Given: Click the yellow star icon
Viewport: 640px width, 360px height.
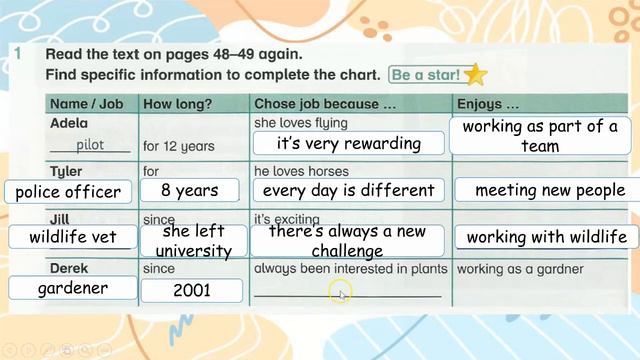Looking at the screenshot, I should pyautogui.click(x=476, y=74).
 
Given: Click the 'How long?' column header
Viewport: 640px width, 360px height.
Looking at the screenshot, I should pyautogui.click(x=177, y=103).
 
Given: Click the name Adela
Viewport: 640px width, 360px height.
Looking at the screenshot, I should pyautogui.click(x=69, y=123).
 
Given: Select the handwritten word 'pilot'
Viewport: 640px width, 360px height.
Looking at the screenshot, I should pyautogui.click(x=90, y=145).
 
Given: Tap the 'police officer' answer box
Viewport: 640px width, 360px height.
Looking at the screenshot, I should pyautogui.click(x=68, y=191).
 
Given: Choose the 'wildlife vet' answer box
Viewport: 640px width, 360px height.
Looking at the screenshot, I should pyautogui.click(x=67, y=237).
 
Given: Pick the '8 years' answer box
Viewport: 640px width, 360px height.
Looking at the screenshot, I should pyautogui.click(x=190, y=190).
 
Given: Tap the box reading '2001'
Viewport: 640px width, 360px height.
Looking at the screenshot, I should pyautogui.click(x=192, y=290).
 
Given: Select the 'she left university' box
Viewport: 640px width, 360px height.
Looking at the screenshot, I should pyautogui.click(x=193, y=240).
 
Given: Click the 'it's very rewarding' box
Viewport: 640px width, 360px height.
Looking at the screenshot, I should pyautogui.click(x=349, y=143).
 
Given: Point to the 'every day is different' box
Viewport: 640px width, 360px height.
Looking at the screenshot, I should pyautogui.click(x=348, y=190).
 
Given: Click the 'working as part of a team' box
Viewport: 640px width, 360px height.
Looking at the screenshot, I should pyautogui.click(x=540, y=136).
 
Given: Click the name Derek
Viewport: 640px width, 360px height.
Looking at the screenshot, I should pyautogui.click(x=69, y=269).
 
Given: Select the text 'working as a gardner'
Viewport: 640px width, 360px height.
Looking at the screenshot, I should pyautogui.click(x=519, y=269).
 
